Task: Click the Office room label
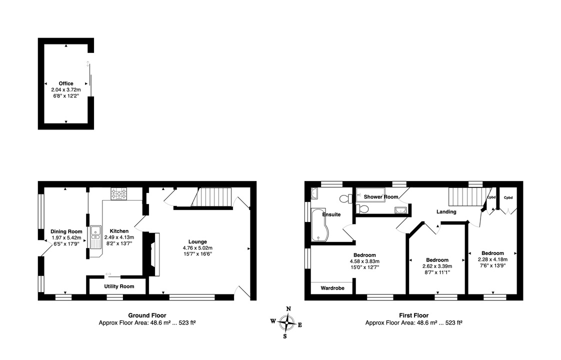coord(65,83)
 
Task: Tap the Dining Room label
coord(66,231)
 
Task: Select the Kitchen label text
coord(120,231)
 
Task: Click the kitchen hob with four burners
coord(119,193)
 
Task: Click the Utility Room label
coord(119,286)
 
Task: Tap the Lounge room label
coord(197,241)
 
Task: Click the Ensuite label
coord(331,214)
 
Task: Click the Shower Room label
coord(380,197)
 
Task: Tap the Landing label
coord(446,211)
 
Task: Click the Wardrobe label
coord(331,288)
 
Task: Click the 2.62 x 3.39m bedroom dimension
coord(437,266)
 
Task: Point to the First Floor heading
coord(413,315)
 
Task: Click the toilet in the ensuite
coord(344,199)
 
